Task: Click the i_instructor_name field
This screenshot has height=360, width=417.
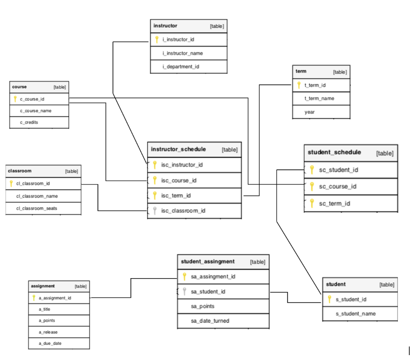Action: (182, 53)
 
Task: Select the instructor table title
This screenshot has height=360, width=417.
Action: (165, 26)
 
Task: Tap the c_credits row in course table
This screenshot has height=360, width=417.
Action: (29, 122)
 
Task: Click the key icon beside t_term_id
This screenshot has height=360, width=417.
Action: (299, 85)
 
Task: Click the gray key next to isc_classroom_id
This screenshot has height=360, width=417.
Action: (155, 211)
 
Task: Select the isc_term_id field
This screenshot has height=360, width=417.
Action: (176, 195)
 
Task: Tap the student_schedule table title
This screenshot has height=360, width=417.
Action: (334, 152)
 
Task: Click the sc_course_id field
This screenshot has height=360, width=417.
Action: (338, 187)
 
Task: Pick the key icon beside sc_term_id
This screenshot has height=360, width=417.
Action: (312, 203)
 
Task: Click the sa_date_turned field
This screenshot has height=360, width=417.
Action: (210, 321)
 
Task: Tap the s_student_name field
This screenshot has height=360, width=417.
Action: (356, 314)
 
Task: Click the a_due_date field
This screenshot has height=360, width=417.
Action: (50, 343)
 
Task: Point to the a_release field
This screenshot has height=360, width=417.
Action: (48, 332)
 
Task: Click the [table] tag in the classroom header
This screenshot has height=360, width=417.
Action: (71, 171)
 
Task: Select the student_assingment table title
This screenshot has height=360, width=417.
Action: (208, 261)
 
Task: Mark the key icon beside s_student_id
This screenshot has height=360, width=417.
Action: (329, 299)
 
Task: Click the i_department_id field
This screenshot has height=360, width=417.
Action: (181, 66)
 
